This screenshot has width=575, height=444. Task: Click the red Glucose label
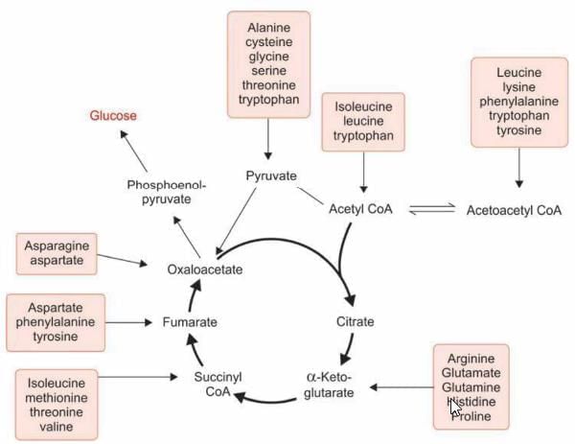[x=113, y=116]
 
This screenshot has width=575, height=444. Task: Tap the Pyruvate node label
[x=271, y=175]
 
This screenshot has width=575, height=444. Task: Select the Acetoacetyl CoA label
[x=514, y=210]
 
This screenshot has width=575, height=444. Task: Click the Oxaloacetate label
[x=205, y=269]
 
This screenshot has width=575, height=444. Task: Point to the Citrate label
[x=355, y=321]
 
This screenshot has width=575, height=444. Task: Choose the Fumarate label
[x=189, y=322]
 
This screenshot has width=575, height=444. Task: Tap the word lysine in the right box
[x=518, y=88]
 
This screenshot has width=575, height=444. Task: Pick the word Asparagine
[x=57, y=245]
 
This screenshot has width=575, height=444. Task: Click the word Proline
[x=471, y=417]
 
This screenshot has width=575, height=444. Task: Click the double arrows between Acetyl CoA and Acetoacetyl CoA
[x=429, y=210]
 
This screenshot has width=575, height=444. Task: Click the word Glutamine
[x=471, y=387]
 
